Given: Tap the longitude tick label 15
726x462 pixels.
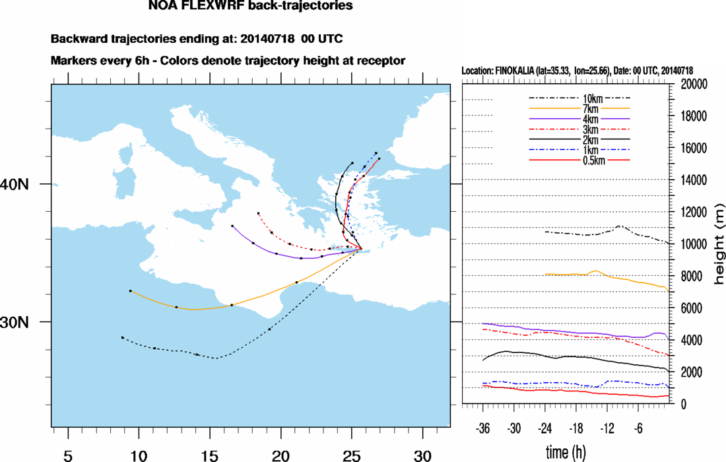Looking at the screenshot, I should click(209, 455).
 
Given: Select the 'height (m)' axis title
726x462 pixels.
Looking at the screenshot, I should click(718, 244).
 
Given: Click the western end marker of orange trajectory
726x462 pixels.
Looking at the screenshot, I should click(131, 291).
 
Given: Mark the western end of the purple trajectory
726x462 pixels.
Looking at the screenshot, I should click(232, 226).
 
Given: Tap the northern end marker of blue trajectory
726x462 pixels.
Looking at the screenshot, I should click(376, 153).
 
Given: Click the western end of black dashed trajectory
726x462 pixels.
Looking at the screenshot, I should click(122, 337).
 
